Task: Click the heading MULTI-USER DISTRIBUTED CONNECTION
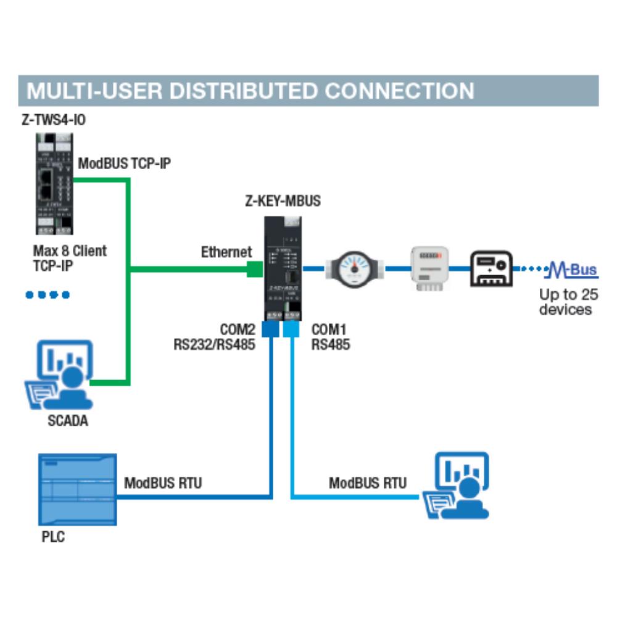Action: click(x=250, y=91)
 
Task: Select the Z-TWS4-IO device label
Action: click(x=54, y=120)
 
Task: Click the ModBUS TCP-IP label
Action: click(x=124, y=164)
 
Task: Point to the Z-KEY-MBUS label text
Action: click(x=283, y=201)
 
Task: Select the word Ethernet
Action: click(x=226, y=252)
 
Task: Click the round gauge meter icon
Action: click(x=354, y=268)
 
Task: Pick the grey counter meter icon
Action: click(x=429, y=268)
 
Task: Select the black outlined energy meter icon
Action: click(x=492, y=268)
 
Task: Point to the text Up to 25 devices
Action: click(x=565, y=302)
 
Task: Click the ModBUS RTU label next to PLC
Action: click(x=163, y=482)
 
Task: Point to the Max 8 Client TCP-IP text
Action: click(x=69, y=259)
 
